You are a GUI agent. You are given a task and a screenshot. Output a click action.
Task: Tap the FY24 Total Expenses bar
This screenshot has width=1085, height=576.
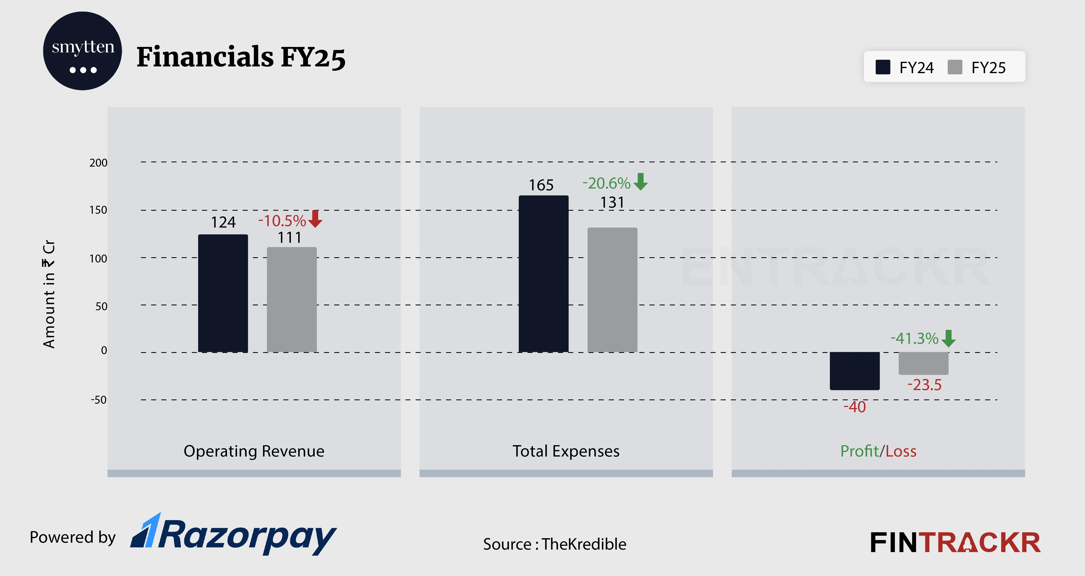tap(543, 273)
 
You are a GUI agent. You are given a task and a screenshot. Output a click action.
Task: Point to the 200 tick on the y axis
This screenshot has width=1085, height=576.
tap(98, 163)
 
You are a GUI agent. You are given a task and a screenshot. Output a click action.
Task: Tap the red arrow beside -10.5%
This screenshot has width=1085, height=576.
tap(315, 219)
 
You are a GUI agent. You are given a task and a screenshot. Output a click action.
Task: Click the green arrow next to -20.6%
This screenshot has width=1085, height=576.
tap(640, 182)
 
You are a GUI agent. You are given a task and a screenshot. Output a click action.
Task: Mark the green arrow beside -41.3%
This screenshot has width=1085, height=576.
tap(949, 338)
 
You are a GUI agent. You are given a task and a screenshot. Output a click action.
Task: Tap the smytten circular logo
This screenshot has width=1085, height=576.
tap(83, 51)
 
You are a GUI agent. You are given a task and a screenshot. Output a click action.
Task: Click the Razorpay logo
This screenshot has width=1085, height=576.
tap(234, 534)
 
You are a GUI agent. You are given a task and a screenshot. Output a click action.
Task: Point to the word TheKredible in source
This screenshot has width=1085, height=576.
tap(584, 544)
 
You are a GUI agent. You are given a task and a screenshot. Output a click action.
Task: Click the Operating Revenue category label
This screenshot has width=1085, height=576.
tap(254, 451)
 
